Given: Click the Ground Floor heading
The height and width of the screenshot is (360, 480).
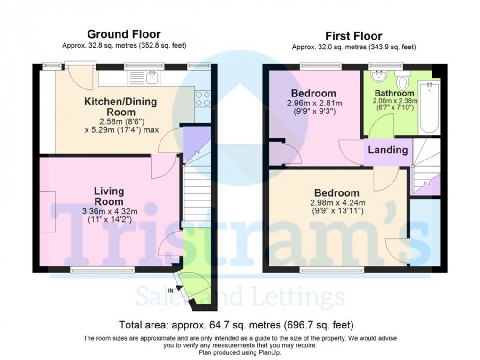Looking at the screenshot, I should (x=124, y=34).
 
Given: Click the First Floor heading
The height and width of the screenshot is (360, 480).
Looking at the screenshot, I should (x=354, y=36).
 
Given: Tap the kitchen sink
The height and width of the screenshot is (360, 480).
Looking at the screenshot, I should (x=152, y=77).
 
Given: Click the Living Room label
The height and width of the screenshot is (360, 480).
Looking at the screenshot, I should (x=109, y=196).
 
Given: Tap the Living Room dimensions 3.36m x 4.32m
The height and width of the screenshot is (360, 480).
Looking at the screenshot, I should (x=109, y=211).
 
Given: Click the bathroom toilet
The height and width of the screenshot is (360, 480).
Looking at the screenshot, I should (x=402, y=82).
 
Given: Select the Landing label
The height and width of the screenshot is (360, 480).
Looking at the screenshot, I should (x=387, y=150).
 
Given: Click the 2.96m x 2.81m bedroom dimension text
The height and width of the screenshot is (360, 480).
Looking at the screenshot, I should (x=313, y=103).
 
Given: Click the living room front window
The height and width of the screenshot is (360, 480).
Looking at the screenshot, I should (x=102, y=270).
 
